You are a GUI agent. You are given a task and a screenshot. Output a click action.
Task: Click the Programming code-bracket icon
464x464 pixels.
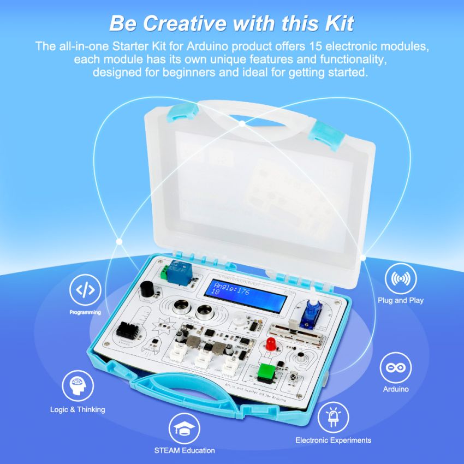coord(85,290)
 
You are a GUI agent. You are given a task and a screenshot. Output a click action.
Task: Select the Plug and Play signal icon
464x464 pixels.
coord(401,278)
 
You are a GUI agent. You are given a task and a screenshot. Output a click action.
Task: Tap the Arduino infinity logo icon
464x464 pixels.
coord(396,367)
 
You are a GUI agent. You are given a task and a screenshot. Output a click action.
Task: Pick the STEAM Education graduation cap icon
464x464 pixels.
coord(184,429)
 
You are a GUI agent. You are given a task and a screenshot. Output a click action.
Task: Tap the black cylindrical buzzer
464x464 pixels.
coord(146,290)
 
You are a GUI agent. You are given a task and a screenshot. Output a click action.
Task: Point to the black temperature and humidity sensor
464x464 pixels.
coord(128,330)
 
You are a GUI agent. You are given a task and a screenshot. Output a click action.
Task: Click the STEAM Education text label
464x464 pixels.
coord(185,450)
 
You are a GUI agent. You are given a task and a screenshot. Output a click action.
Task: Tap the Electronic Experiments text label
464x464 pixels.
coord(333,440)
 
